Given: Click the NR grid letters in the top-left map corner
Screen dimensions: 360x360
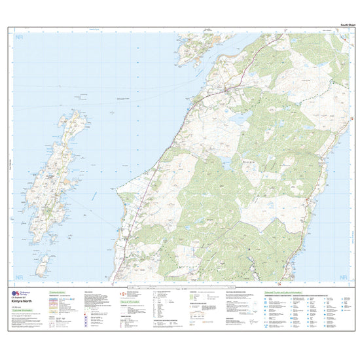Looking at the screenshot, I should coord(18,38).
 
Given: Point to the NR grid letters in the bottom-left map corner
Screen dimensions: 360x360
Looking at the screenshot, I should coord(18,278).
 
